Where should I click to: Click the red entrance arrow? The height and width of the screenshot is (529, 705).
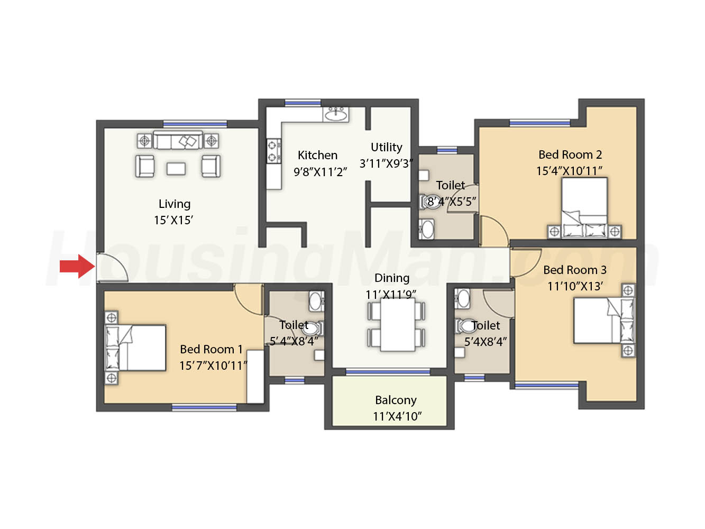[x=77, y=266]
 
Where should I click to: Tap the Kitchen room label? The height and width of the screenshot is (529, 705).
[x=317, y=155]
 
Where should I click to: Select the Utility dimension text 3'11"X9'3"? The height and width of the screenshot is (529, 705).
[x=386, y=163]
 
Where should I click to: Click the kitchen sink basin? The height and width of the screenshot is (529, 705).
[x=336, y=114]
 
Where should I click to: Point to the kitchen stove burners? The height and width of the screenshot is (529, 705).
[x=273, y=151]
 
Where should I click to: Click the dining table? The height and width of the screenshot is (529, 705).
[x=397, y=324]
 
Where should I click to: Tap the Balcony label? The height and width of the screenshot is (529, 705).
[x=396, y=400]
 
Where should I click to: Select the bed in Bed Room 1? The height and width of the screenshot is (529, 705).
[x=135, y=348]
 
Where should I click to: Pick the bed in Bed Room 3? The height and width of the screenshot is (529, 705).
[x=604, y=320]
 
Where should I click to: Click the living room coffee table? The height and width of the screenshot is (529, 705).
[x=176, y=169]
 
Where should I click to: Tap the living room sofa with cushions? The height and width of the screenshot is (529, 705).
[x=178, y=140]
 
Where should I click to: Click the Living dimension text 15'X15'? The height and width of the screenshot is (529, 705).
[x=173, y=220]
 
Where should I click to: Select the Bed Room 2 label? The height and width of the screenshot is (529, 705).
[x=570, y=154]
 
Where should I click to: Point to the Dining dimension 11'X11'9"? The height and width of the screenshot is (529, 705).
[x=390, y=295]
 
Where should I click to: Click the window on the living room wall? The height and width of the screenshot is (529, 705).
[x=195, y=124]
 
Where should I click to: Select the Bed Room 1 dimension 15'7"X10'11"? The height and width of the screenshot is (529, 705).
[x=213, y=366]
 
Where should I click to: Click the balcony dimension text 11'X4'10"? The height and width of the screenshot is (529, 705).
[x=397, y=416]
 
